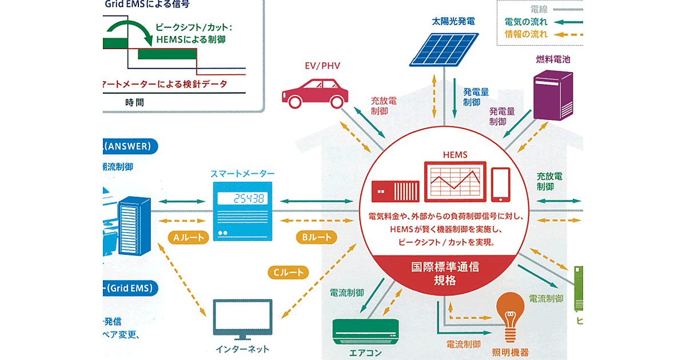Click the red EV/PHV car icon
click(314, 92)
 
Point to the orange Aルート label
click(186, 238)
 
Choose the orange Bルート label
click(316, 237)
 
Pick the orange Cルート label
click(288, 273)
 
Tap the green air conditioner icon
click(365, 331)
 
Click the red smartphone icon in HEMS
click(500, 184)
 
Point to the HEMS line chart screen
click(454, 182)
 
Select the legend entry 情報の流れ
click(526, 34)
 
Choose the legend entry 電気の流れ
click(526, 22)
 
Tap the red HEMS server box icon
click(396, 191)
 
